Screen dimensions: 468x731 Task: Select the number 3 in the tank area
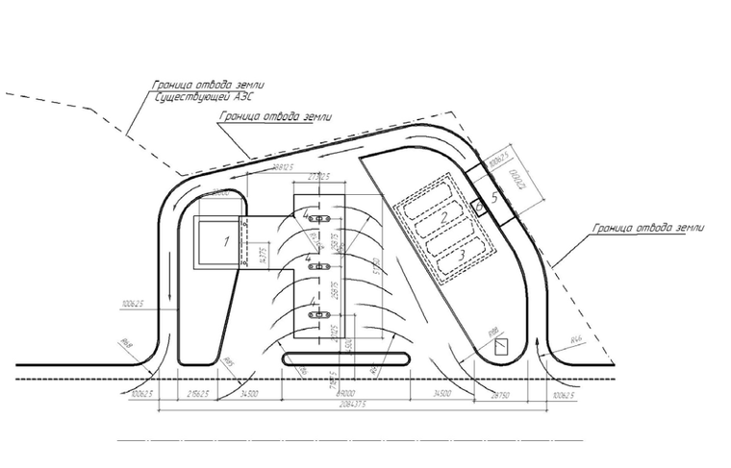click(462, 253)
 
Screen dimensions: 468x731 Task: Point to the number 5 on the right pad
click(494, 197)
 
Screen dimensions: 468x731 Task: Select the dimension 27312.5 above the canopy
click(317, 177)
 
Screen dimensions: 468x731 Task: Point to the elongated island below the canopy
click(347, 358)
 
